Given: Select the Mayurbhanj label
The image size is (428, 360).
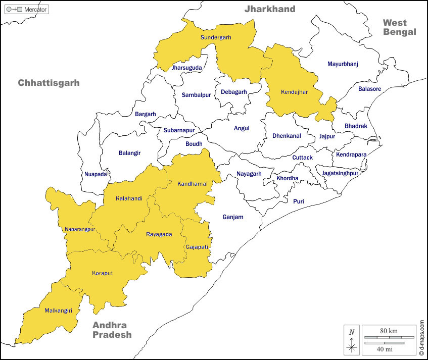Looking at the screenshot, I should pos(343,64).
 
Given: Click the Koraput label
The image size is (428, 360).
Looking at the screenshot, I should pos(102,273).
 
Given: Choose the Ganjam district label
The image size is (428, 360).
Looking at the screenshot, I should pos(232,218).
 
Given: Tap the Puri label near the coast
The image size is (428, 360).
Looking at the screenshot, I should pos(299,201).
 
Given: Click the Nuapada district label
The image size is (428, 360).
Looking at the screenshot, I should pos(96,174).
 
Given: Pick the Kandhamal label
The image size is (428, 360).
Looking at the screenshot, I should pos(192,184).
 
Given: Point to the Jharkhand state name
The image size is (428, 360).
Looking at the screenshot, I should pos(270,9).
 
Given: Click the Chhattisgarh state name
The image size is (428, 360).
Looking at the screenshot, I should pos(49,83).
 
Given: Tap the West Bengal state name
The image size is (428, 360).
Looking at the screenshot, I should pos(399,27).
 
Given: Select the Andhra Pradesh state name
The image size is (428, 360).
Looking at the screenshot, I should pos(112,330).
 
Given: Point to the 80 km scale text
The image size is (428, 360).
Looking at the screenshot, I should pos(389,331).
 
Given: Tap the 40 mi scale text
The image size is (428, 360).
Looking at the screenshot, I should pos(385,349).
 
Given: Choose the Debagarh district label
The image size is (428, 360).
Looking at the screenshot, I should pos(233,92).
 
